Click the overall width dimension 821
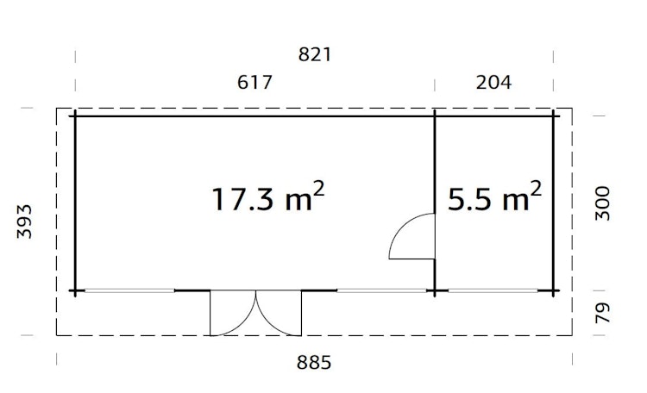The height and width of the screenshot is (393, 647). tap(314, 54)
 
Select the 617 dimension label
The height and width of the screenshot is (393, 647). tap(254, 83)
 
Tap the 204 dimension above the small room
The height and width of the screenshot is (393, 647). tap(494, 83)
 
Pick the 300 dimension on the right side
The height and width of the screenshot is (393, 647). tap(603, 203)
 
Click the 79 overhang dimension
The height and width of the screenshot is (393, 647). tap(603, 312)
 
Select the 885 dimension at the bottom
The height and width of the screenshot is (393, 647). tap(314, 361)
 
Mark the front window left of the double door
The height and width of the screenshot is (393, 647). tap(129, 290)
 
